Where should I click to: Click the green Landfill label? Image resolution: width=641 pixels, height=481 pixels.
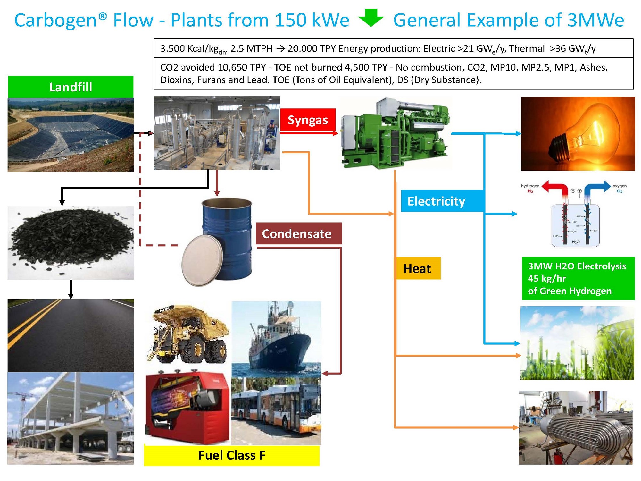(x=71, y=87)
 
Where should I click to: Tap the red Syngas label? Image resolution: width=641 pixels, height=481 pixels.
(x=308, y=120)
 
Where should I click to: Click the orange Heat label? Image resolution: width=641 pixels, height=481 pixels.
(x=417, y=268)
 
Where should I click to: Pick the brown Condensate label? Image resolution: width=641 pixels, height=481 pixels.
(x=298, y=233)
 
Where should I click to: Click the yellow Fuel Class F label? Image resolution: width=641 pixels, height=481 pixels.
(x=231, y=455)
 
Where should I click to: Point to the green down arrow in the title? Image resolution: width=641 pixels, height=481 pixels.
(x=371, y=18)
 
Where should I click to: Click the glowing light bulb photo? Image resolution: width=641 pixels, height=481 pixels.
(x=578, y=133)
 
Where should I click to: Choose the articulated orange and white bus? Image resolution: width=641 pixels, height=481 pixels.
(x=276, y=412)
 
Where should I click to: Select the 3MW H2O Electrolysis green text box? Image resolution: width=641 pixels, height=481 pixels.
(x=578, y=278)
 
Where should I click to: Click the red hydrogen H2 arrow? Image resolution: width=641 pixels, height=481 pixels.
(x=556, y=188)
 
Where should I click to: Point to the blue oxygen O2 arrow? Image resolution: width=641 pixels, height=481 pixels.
(x=597, y=188)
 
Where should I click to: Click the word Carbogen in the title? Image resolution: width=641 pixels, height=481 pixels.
(x=55, y=20)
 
